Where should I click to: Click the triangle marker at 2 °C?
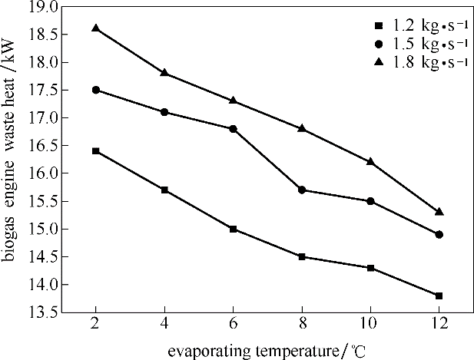(x=95, y=28)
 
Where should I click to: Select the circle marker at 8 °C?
(x=302, y=190)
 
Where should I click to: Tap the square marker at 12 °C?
(x=439, y=296)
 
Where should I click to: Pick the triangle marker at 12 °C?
(x=439, y=211)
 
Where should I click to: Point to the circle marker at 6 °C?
(x=233, y=129)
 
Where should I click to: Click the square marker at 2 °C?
(x=95, y=151)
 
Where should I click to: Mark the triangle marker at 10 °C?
(x=370, y=161)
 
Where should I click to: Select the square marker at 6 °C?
(x=233, y=229)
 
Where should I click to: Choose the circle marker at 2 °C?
(x=95, y=90)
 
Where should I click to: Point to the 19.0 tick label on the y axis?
(x=44, y=7)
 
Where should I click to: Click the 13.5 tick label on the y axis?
(x=44, y=313)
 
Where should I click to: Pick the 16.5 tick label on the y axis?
(x=44, y=146)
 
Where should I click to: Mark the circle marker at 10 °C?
(x=370, y=201)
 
